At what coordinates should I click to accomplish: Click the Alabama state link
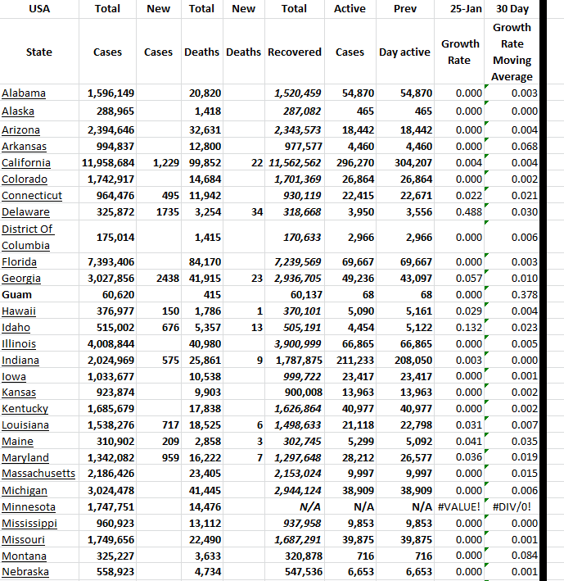coord(24,93)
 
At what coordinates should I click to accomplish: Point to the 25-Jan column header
coord(459,9)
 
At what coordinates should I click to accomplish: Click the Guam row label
coord(16,294)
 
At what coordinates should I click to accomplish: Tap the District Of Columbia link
coord(28,237)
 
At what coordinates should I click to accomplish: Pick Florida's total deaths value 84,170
coord(205,261)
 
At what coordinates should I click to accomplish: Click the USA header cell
coord(38,9)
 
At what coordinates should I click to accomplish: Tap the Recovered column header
coord(294,52)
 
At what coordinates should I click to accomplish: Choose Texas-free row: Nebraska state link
coord(25,572)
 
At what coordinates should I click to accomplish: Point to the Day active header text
coord(404,52)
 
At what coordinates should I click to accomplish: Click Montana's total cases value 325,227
coord(111,556)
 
